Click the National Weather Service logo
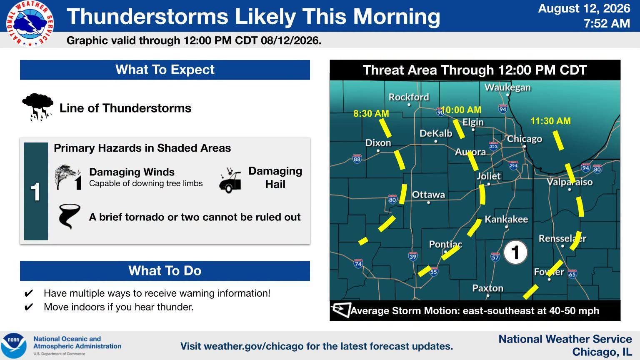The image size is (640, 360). coord(30,23)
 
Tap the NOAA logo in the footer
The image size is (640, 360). coord(13,346)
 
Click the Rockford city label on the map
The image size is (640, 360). coord(409,97)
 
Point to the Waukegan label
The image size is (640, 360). coord(507,87)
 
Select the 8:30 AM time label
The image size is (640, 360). coord(371,113)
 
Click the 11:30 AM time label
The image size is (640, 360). coord(550,121)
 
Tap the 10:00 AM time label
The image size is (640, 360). coord(461,110)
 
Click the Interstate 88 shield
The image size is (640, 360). coord(357,159)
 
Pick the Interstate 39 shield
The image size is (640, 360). coord(413,256)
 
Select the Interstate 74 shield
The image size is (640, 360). coord(358,263)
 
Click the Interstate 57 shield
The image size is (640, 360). coord(495,257)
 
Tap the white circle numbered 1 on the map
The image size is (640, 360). coord(515,252)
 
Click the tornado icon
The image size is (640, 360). coord(69,216)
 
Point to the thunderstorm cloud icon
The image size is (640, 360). coord(37,107)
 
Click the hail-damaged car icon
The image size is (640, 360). coord(230,180)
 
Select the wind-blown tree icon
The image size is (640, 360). coord(68,177)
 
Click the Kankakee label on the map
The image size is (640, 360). coord(506,220)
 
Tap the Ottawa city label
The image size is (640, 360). coord(428,195)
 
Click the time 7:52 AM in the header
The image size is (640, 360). coord(607,23)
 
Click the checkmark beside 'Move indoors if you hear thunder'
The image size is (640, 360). coord(29,307)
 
